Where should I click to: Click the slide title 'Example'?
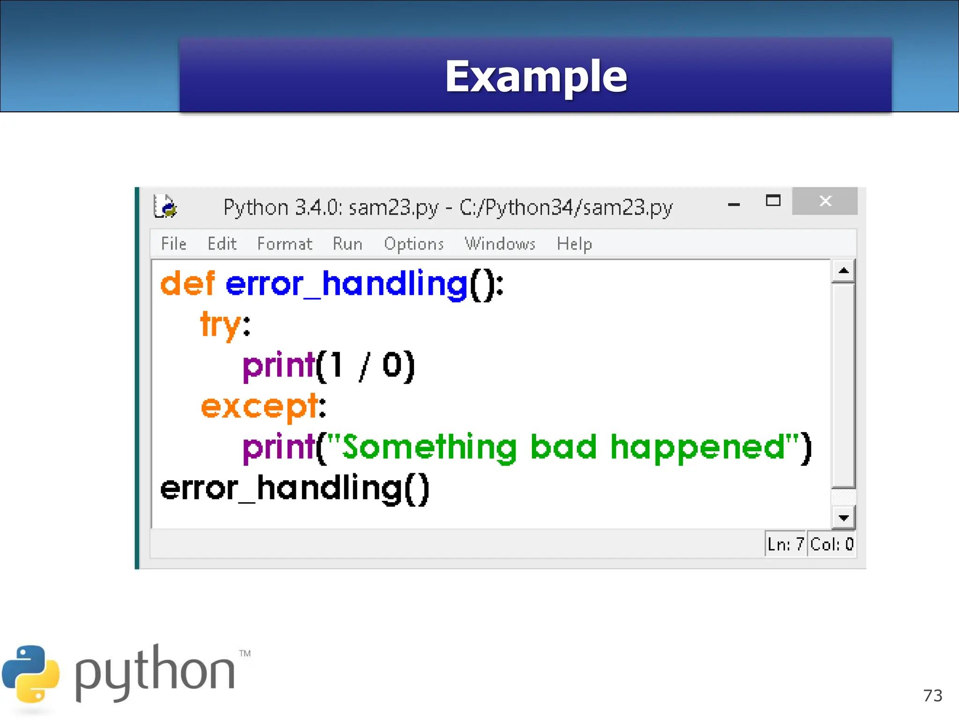coord(536,76)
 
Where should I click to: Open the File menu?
coord(173,244)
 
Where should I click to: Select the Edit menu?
coord(222,244)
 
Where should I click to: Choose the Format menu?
coord(284,244)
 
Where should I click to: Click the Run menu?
coord(347,244)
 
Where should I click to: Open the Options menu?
coord(413,244)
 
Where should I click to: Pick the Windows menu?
coord(500,244)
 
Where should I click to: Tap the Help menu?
coord(574,244)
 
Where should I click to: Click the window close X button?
coord(825,201)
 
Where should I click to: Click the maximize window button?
coord(773,201)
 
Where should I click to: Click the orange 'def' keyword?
coord(187,284)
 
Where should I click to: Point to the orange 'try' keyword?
coord(221,324)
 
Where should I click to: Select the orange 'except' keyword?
coord(259,406)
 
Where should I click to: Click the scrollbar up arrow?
coord(843,271)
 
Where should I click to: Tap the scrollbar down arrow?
coord(843,518)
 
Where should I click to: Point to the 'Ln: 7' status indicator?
coord(785,544)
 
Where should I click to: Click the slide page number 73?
coord(932,696)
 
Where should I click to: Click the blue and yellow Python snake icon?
coord(31,674)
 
